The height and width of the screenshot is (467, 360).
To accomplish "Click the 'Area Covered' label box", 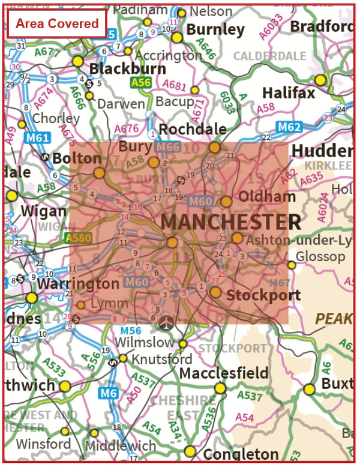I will pos(57,24).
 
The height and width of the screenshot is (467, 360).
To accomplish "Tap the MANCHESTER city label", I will pos(230,222).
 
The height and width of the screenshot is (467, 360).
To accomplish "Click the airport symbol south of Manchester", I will pos(166,322).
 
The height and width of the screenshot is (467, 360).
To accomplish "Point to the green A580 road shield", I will pos(79,238).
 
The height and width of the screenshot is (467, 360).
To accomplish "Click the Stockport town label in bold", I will pos(263,295).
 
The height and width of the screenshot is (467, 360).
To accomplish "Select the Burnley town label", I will pos(215,29).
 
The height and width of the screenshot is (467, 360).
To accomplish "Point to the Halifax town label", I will pos(289,94).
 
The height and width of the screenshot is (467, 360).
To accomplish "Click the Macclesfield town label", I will pos(224,373).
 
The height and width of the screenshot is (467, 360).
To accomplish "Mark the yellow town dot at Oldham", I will pos(226,202).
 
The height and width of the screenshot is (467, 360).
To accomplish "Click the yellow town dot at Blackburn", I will pos(77,61).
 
